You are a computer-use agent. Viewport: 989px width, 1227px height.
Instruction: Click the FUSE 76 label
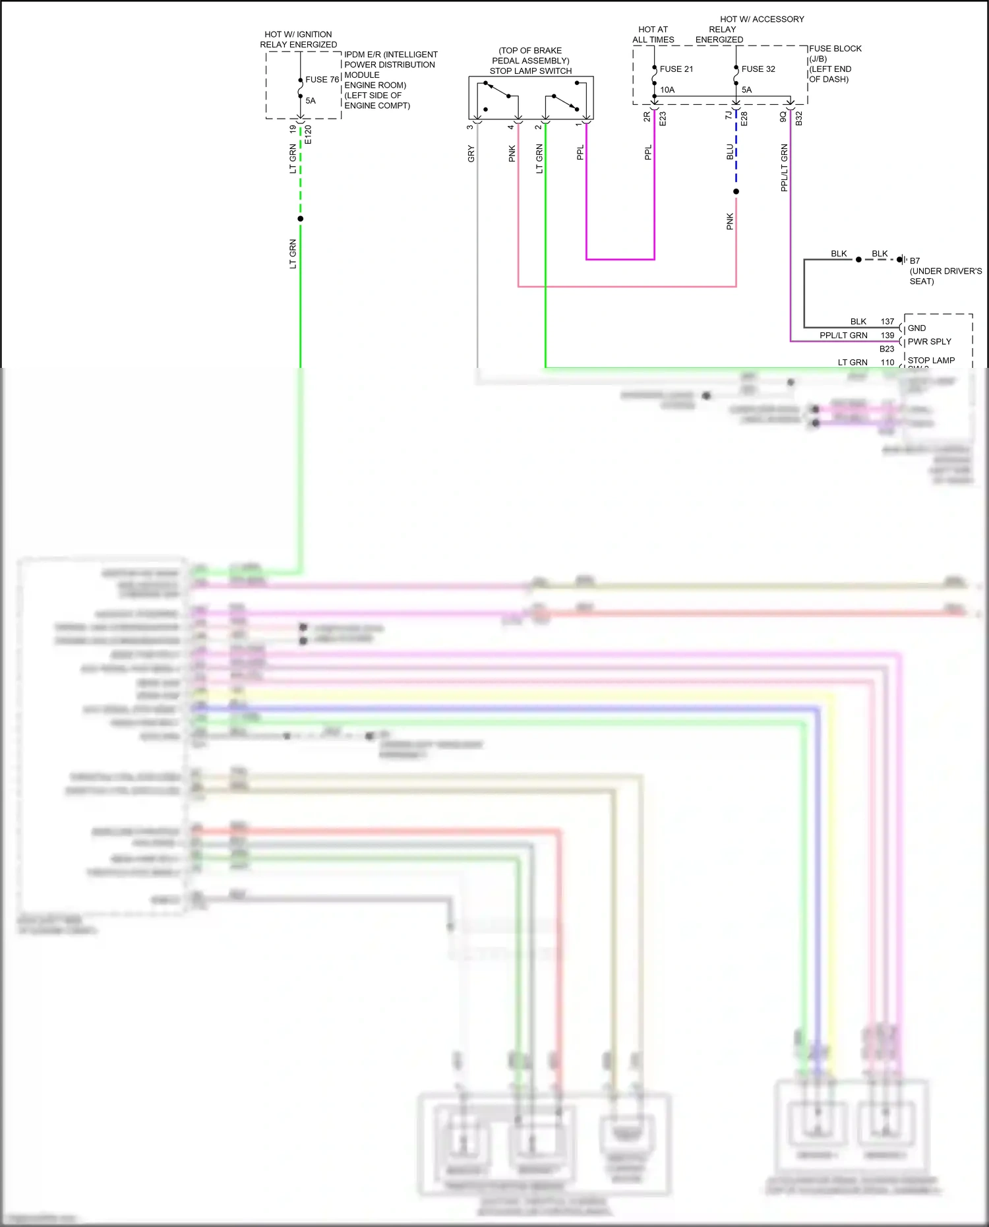pos(322,80)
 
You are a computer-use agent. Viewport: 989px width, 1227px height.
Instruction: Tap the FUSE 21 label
pos(676,69)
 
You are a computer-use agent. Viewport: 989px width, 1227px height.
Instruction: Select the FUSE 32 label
pos(758,69)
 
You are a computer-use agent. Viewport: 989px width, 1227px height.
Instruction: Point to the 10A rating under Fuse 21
pos(667,90)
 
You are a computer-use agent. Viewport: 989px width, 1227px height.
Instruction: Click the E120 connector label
pos(308,135)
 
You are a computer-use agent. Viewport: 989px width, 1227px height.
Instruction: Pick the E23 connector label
pos(663,119)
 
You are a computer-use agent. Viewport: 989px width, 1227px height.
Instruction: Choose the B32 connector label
pos(798,119)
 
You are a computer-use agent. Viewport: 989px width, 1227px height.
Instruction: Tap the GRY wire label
pos(471,154)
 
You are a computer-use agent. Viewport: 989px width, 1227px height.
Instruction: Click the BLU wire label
pos(730,152)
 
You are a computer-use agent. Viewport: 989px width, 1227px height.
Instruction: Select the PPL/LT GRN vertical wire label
pos(784,168)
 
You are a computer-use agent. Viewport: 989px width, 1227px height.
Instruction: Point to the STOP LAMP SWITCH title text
pos(530,71)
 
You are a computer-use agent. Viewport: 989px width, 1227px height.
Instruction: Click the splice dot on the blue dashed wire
pos(736,192)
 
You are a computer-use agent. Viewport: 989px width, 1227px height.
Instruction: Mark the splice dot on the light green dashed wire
pos(301,219)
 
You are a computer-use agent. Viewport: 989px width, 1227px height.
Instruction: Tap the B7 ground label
pos(914,261)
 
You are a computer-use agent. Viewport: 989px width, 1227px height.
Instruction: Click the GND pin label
pos(916,328)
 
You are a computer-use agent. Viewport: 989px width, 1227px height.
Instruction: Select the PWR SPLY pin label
pos(929,342)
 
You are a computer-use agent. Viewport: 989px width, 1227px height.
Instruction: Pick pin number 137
pos(887,322)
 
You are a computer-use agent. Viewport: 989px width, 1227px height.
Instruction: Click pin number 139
pos(887,336)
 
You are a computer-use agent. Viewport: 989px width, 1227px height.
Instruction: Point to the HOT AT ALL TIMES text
pos(653,34)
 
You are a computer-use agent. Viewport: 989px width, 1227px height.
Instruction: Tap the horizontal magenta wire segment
pos(620,259)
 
